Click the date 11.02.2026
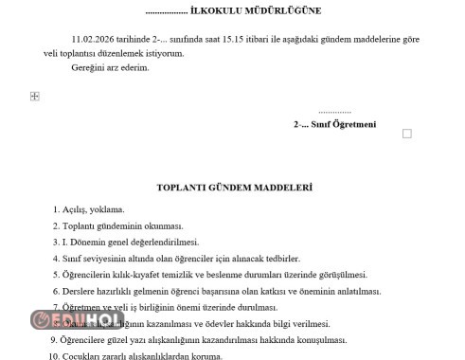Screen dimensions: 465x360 click(x=92, y=39)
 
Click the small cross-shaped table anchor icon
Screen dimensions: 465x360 click(x=35, y=96)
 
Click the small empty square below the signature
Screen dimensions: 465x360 click(x=407, y=134)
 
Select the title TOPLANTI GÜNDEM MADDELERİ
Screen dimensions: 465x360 click(x=234, y=189)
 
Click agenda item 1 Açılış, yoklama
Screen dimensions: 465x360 click(x=94, y=209)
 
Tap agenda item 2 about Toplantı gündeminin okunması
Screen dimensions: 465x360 click(x=122, y=226)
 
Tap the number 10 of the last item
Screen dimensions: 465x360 click(x=54, y=355)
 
